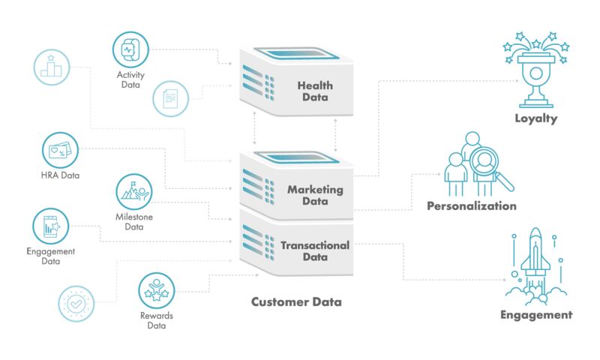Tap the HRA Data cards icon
(61, 151)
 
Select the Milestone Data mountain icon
(133, 191)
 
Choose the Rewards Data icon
(156, 290)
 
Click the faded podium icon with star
(52, 67)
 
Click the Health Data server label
(314, 91)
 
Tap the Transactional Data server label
(315, 250)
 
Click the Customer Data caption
(295, 302)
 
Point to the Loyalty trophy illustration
(535, 71)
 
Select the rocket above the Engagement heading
(535, 259)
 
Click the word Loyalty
(535, 118)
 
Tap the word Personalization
(471, 205)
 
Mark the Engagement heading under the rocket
(535, 315)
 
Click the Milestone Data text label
(133, 221)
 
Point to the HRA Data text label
(61, 176)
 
